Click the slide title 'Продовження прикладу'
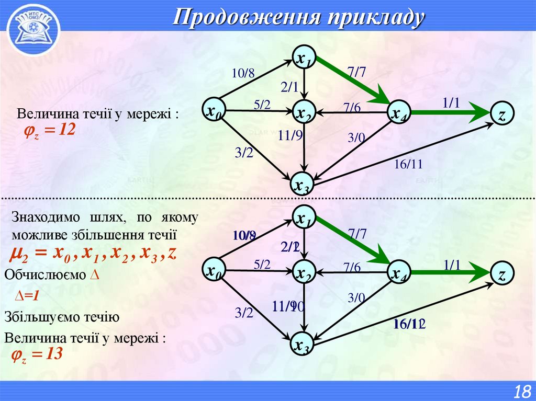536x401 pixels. click(x=298, y=17)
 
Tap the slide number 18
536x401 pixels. click(x=522, y=391)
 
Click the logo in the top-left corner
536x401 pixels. click(x=32, y=28)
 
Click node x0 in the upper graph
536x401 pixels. click(x=213, y=111)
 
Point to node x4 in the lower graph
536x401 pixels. click(x=399, y=273)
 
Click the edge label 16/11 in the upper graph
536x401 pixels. click(x=408, y=165)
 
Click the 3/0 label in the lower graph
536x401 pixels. click(x=355, y=297)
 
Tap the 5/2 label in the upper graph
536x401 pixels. click(x=262, y=105)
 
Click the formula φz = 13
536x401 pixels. click(x=37, y=355)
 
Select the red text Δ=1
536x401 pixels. click(x=27, y=296)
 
